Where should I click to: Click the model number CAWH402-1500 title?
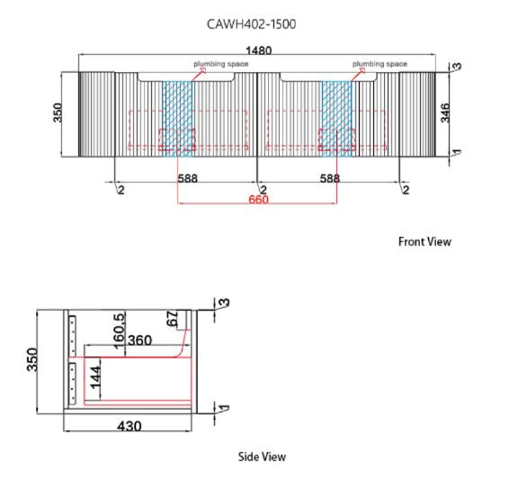(252, 24)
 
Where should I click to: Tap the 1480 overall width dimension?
(259, 50)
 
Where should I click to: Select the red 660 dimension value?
(258, 200)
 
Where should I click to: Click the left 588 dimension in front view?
(188, 178)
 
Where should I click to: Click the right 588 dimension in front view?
(330, 178)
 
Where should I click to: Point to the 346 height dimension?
(445, 113)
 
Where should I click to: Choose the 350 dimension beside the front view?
(58, 113)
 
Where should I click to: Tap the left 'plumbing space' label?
(220, 64)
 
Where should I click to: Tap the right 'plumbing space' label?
(380, 64)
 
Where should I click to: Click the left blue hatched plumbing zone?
(177, 119)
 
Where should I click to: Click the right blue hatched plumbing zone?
(336, 119)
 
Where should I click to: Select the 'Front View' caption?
(424, 241)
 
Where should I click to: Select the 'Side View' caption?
(262, 456)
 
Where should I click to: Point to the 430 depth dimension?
(129, 426)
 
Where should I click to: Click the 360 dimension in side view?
(139, 340)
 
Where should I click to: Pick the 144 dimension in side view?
(95, 377)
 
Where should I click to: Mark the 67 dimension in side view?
(173, 319)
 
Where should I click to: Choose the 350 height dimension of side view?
(32, 359)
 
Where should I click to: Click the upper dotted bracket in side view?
(72, 336)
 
